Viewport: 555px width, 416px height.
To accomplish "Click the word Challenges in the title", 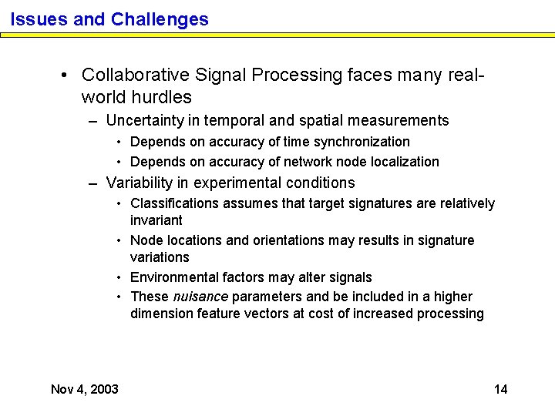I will tap(160, 19).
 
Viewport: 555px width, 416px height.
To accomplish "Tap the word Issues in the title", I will tap(39, 19).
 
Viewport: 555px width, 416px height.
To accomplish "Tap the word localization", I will tap(402, 162).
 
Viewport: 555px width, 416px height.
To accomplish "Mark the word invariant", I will tap(156, 220).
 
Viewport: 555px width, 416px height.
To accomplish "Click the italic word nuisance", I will tap(200, 297).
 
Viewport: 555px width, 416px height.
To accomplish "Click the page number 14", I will tap(500, 389).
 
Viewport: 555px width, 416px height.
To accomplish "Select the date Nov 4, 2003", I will tap(85, 389).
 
